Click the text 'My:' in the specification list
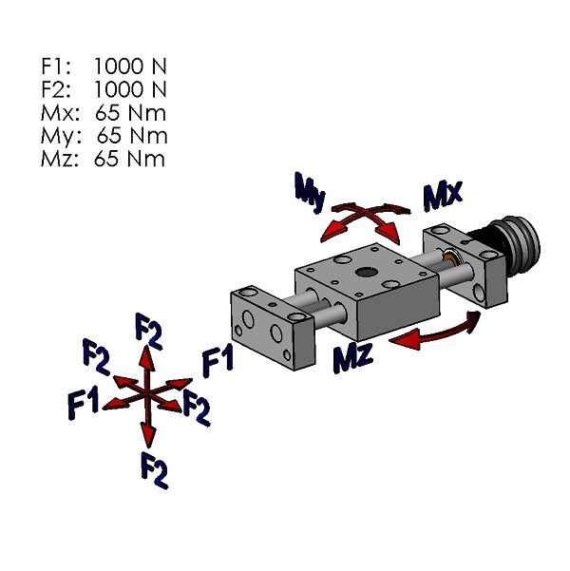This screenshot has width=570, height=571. pos(59,135)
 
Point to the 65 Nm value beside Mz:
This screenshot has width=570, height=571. pos(129,158)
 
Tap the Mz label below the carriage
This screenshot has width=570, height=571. pos(352,359)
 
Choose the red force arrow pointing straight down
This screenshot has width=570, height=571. pos(148,426)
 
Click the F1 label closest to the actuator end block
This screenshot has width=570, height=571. pos(218,361)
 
